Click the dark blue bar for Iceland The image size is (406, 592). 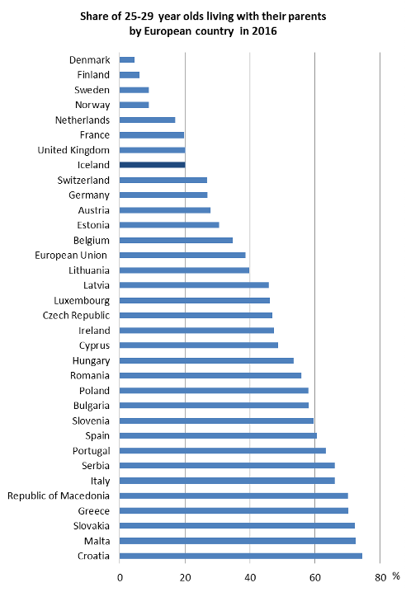coord(153,165)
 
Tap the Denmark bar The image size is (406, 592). coord(127,59)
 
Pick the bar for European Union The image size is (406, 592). coord(182,256)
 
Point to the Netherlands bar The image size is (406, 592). coord(148,120)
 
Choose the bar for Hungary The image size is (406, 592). coord(207,360)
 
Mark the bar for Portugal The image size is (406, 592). coord(223,451)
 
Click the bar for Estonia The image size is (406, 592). coord(169,225)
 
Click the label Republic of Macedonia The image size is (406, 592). coord(59,496)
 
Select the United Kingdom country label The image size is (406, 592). coord(73,150)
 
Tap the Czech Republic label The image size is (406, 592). coord(77,316)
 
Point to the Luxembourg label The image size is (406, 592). coord(82,301)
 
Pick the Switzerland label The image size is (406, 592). coord(83,180)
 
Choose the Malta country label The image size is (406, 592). coord(97,541)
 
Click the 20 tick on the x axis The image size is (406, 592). coord(185,578)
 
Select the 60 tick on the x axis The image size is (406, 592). coord(315,578)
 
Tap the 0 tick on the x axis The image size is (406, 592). coord(120,578)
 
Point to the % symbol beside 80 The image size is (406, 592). coord(396,576)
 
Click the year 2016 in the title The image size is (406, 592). coord(264,31)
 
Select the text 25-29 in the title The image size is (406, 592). coord(139,16)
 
